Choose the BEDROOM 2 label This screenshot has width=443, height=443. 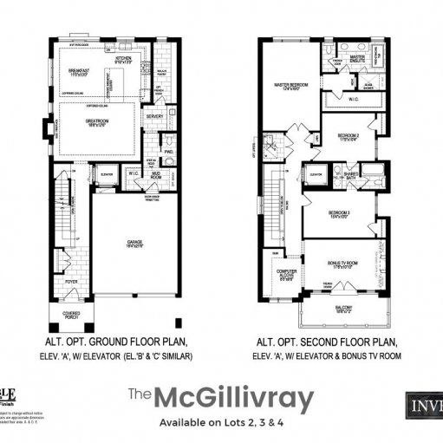pyautogui.click(x=347, y=136)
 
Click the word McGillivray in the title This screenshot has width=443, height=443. pyautogui.click(x=233, y=398)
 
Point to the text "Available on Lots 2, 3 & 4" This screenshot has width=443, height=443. pyautogui.click(x=221, y=422)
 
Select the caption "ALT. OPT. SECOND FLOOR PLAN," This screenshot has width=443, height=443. pyautogui.click(x=330, y=342)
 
